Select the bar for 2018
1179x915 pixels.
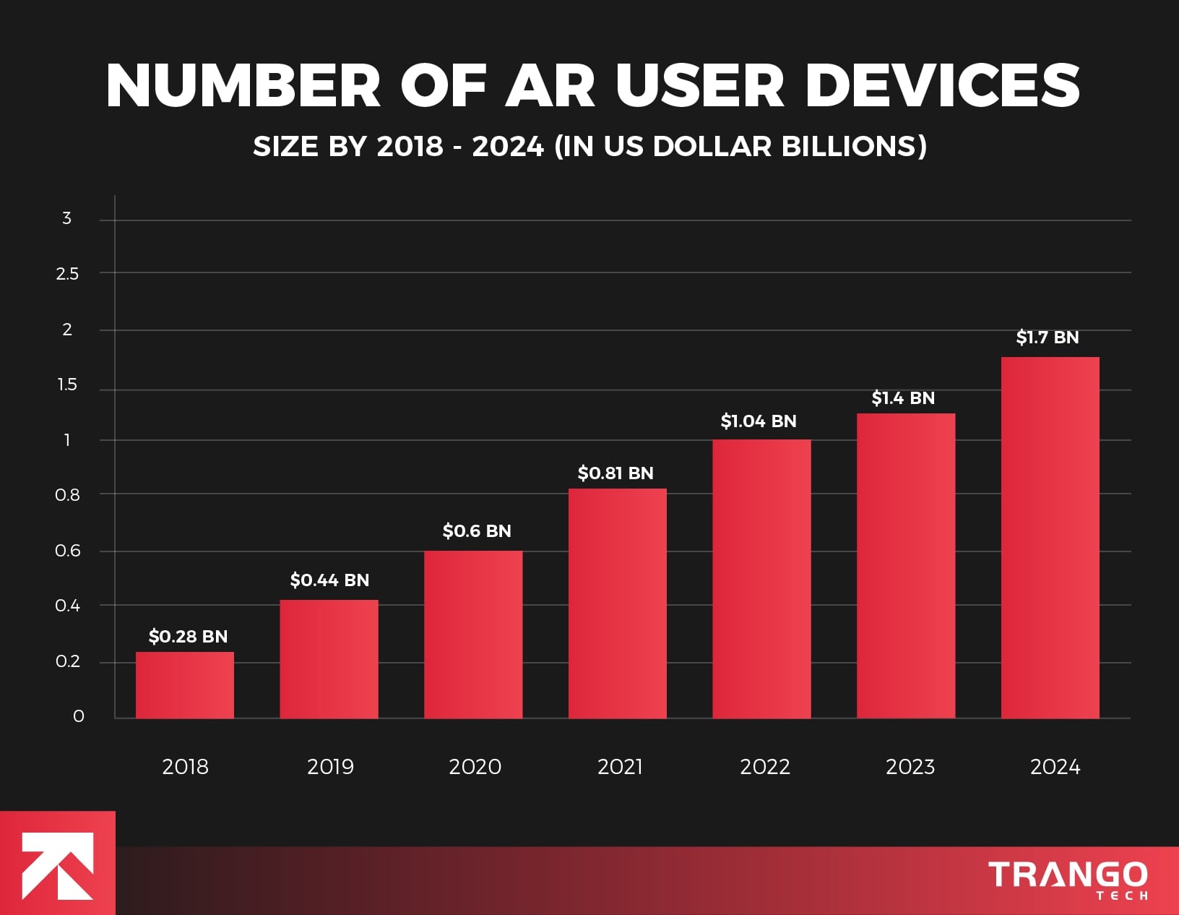(x=185, y=685)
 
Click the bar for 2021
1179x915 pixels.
(x=618, y=603)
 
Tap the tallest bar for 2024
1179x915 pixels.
(x=1050, y=538)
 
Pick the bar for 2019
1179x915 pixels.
(x=329, y=659)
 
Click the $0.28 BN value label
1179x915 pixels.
(x=188, y=637)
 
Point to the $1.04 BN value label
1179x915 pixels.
(x=759, y=421)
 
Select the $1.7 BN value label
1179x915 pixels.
(x=1048, y=338)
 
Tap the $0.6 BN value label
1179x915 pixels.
(x=477, y=531)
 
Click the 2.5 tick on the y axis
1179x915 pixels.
(x=67, y=274)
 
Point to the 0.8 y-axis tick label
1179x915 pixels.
(x=67, y=495)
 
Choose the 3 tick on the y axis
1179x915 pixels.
(x=67, y=218)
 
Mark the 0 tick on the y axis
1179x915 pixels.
(x=79, y=716)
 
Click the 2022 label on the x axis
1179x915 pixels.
(x=765, y=767)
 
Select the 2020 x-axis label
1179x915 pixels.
(x=475, y=767)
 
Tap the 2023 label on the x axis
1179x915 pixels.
(x=910, y=767)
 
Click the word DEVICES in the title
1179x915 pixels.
(x=942, y=85)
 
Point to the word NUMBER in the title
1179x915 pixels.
(x=243, y=85)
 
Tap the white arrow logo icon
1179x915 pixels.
(x=57, y=865)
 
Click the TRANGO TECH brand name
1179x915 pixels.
(x=1068, y=878)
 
